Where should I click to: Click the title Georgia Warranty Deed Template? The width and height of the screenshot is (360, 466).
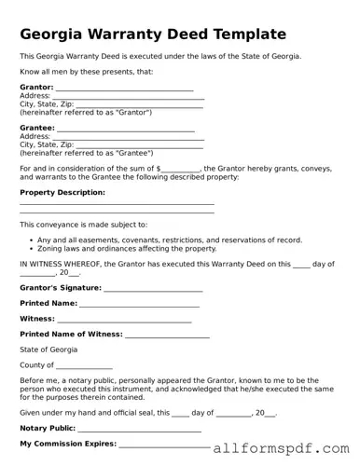point(153,34)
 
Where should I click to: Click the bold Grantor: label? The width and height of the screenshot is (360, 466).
point(36,87)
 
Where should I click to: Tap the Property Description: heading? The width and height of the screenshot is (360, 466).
point(62,192)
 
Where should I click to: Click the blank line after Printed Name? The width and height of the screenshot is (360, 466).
point(140,304)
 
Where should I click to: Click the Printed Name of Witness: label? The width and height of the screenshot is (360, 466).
point(70,335)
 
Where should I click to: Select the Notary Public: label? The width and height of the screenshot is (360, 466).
point(47,428)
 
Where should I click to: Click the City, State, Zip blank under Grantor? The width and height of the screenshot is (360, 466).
point(139,104)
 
